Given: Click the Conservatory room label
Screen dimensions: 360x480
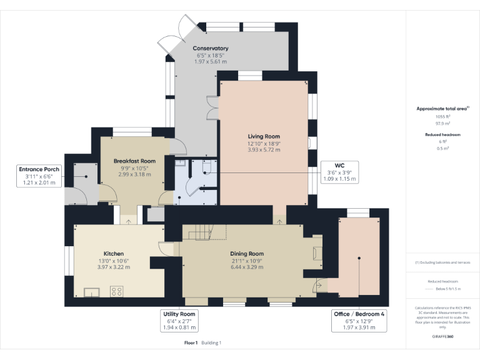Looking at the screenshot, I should click(x=210, y=48).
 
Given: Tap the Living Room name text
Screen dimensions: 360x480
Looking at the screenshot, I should click(x=263, y=136).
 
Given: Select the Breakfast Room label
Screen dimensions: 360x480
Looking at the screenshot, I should click(x=134, y=161).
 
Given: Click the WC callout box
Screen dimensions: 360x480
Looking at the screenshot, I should click(x=339, y=172).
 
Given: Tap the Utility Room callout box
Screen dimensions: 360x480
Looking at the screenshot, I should click(x=179, y=320).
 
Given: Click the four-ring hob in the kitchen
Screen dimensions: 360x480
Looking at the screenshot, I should click(x=116, y=291).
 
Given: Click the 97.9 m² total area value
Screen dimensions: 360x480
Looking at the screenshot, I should click(x=442, y=123).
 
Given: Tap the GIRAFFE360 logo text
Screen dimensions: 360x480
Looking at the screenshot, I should click(x=442, y=336).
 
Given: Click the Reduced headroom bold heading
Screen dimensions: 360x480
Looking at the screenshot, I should click(x=442, y=134).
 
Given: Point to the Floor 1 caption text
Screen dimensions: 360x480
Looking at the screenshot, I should click(x=191, y=342).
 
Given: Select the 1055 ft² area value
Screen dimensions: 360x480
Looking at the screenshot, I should click(x=442, y=116).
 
